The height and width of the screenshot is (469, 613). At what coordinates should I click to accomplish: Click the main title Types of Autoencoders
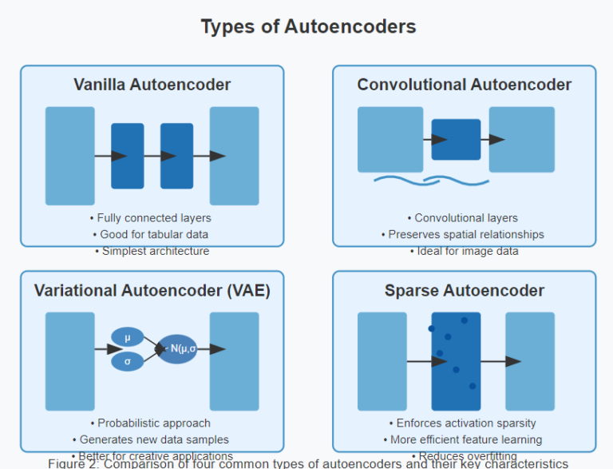(308, 26)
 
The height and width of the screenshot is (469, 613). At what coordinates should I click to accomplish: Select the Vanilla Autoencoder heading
(152, 85)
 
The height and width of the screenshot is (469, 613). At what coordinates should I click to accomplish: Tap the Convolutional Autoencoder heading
(464, 85)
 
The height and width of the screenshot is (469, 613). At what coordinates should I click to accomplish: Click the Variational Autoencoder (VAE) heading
(152, 290)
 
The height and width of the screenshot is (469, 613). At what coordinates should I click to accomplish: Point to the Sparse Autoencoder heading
(464, 290)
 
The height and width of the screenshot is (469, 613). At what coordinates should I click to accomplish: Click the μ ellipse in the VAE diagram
(128, 338)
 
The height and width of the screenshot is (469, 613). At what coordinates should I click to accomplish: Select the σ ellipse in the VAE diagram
(128, 361)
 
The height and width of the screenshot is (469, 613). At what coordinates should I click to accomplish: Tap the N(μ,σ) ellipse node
(177, 348)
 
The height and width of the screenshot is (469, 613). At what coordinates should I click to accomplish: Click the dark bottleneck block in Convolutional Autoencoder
(456, 140)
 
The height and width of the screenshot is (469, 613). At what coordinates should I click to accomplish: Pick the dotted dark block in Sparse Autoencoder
(456, 361)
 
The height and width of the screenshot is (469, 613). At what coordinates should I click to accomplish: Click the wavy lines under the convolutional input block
(420, 180)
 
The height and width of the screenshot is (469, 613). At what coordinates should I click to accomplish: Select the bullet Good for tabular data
(151, 234)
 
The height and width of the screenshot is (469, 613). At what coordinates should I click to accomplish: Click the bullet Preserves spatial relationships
(463, 234)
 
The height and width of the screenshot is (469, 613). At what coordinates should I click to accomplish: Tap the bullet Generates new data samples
(151, 439)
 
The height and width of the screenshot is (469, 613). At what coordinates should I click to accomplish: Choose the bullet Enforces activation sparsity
(463, 423)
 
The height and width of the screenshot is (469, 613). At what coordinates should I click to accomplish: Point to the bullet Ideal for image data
(463, 251)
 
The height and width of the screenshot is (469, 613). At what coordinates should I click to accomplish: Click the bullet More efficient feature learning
(463, 439)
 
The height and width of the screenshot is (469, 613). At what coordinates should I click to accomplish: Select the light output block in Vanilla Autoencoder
(234, 156)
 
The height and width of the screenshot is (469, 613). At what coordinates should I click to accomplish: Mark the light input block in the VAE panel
(70, 361)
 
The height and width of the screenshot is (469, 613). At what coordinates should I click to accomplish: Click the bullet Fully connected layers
(151, 217)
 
